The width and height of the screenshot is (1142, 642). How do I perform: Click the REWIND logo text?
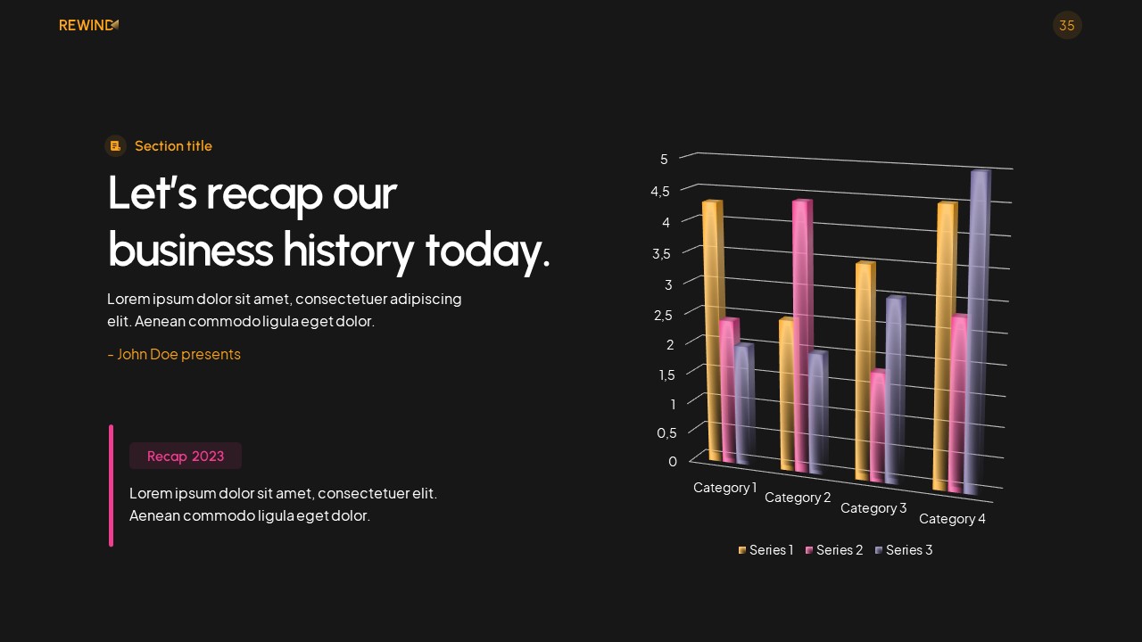[87, 25]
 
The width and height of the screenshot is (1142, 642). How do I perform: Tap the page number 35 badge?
[1067, 25]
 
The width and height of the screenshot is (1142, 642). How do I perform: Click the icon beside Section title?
[115, 145]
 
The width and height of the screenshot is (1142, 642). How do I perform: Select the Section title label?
[173, 145]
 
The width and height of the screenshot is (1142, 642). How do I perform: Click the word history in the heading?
[348, 249]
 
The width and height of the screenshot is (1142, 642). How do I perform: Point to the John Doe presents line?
[174, 354]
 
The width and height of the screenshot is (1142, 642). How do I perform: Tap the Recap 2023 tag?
[186, 456]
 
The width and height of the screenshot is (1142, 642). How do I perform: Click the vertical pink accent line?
[112, 485]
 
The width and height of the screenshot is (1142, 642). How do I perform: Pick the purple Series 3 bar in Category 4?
[978, 330]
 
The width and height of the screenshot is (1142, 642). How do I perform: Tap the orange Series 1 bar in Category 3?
[864, 370]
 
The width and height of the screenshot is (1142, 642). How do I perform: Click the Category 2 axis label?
[798, 498]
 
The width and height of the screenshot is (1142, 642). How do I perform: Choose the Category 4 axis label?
[952, 519]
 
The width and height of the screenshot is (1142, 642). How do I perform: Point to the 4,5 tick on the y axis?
[659, 191]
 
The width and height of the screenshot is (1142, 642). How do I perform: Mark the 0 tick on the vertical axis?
[673, 461]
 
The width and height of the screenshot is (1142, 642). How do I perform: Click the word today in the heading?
[486, 249]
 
